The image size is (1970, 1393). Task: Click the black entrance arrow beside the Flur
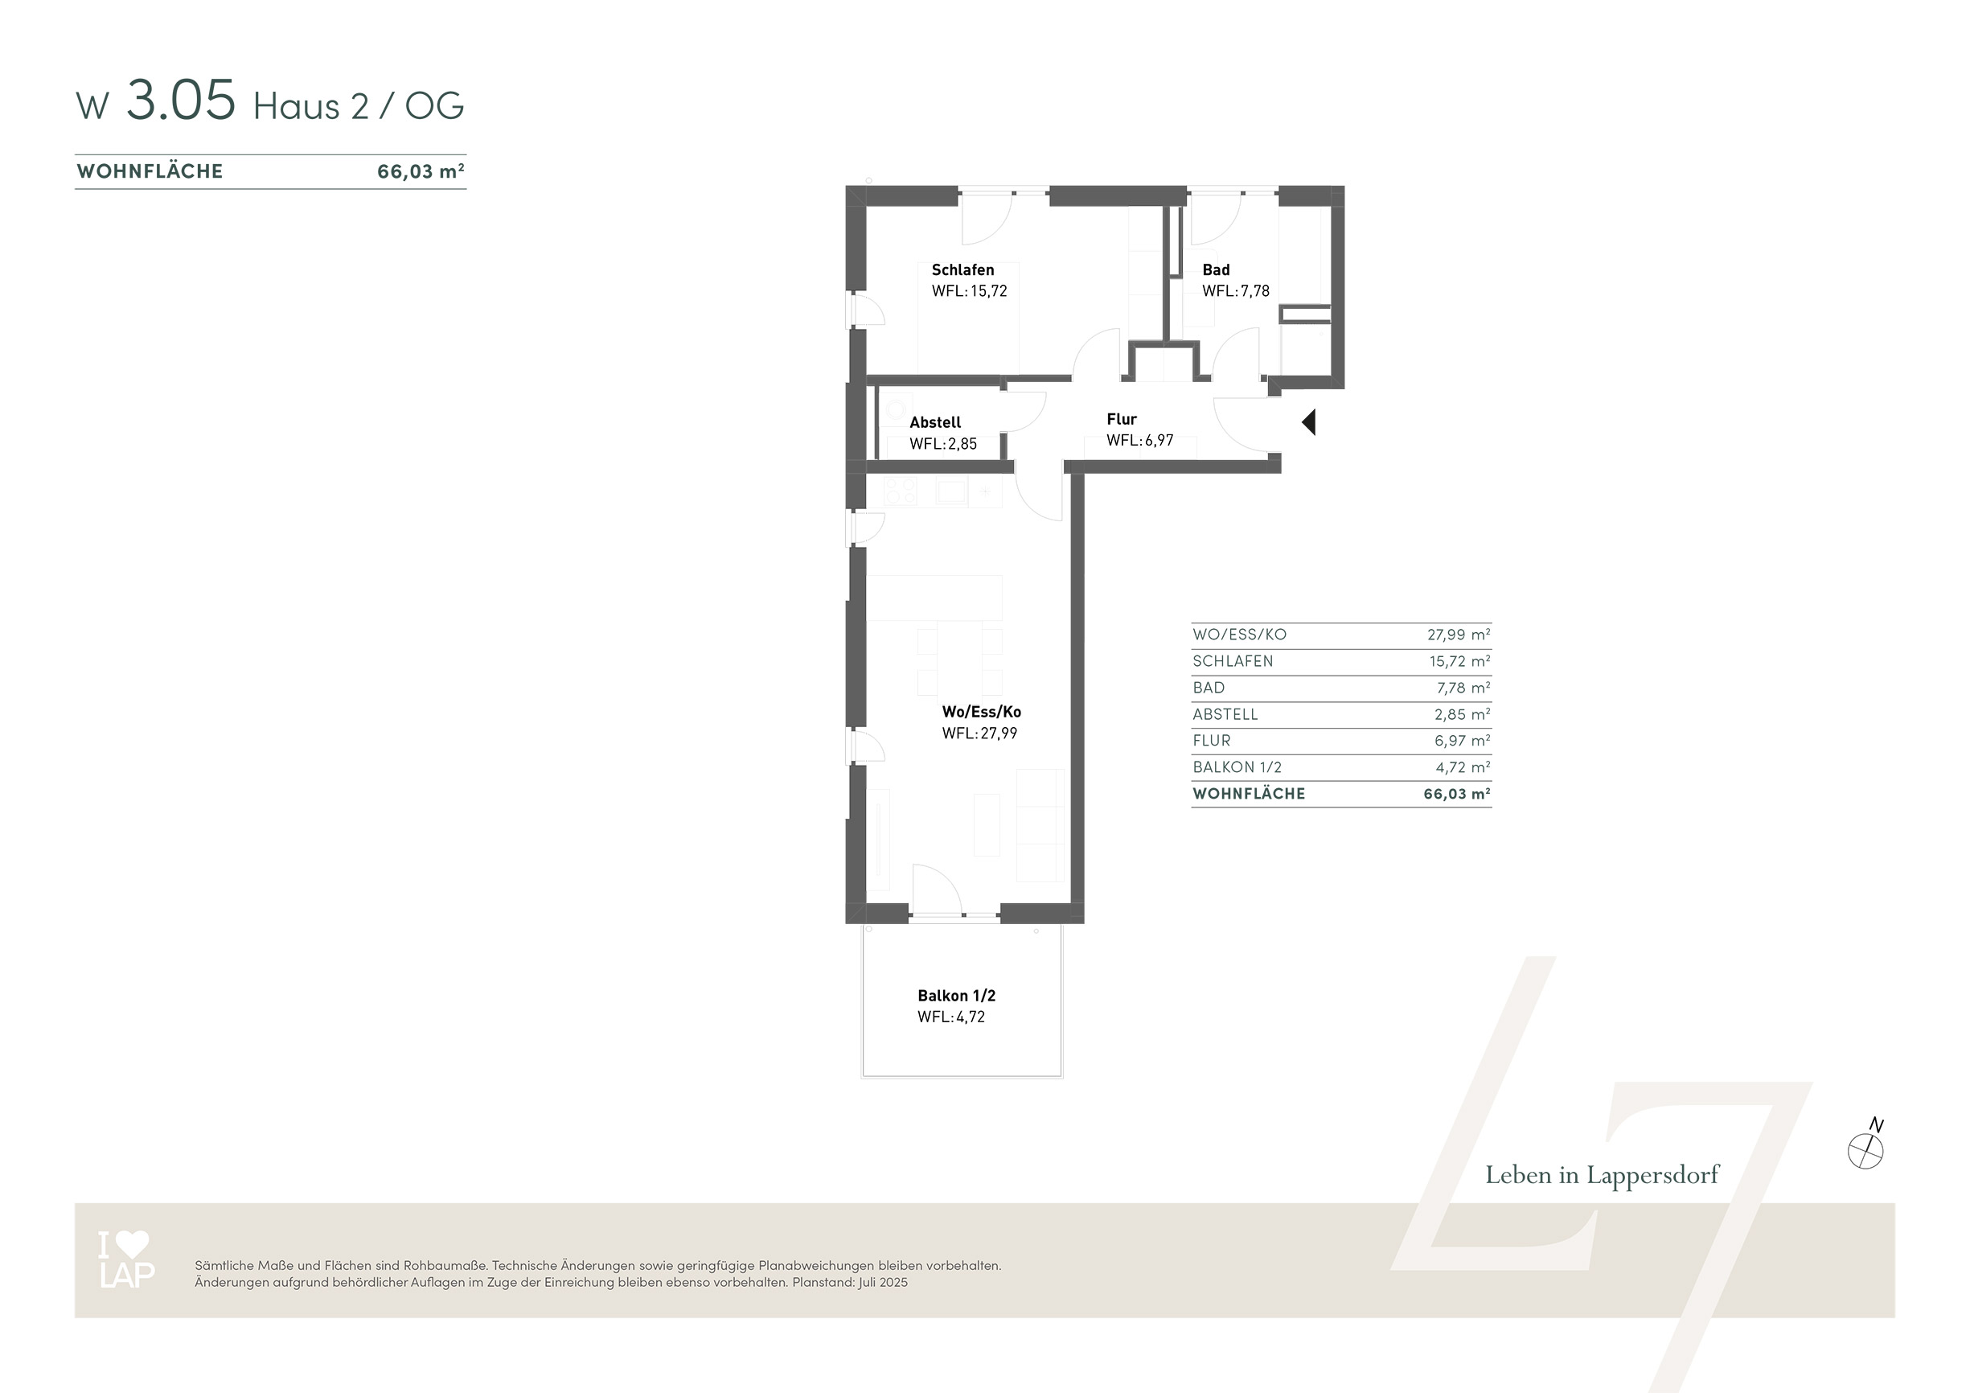click(x=1309, y=422)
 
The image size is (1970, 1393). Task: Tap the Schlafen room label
click(x=962, y=269)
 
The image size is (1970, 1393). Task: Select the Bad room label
click(x=1216, y=269)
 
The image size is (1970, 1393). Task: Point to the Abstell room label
click(x=935, y=422)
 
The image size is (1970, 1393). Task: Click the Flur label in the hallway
click(x=1122, y=419)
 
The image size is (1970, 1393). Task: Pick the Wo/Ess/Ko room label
click(x=982, y=712)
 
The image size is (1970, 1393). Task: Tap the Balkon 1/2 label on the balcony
click(x=957, y=996)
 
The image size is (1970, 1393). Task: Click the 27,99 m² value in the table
click(x=1459, y=635)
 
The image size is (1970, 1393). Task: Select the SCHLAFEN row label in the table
click(x=1233, y=662)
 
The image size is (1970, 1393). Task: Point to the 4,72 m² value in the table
click(x=1463, y=767)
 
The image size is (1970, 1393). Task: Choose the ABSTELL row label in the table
click(x=1225, y=715)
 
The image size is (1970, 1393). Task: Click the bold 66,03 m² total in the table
click(x=1457, y=794)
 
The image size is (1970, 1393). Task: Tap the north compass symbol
click(x=1865, y=1149)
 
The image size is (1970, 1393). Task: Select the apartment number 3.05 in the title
click(x=181, y=101)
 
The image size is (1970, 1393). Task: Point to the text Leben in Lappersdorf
click(x=1602, y=1175)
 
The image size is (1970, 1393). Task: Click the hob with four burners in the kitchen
click(x=900, y=491)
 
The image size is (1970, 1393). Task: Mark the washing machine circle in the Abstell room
click(x=896, y=409)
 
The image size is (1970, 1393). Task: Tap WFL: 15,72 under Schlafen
click(x=970, y=291)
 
